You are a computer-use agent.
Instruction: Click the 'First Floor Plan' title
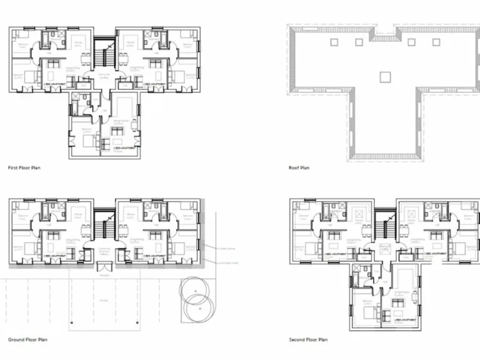click(24, 168)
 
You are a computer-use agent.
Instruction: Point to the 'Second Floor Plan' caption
click(308, 340)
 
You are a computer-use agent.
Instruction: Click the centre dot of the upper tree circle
click(194, 292)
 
